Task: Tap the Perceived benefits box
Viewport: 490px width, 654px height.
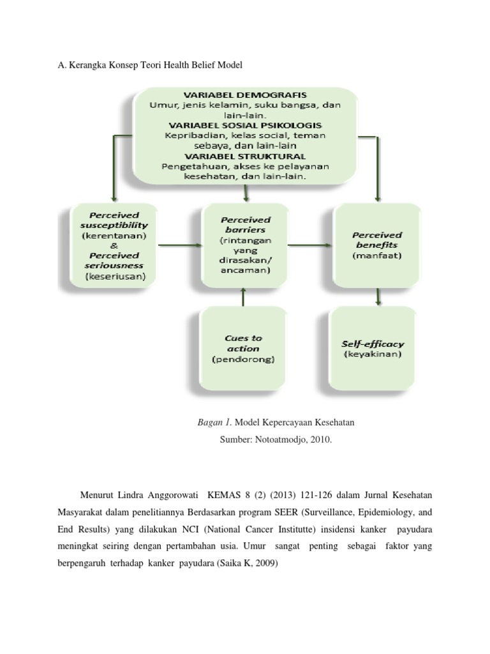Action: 376,245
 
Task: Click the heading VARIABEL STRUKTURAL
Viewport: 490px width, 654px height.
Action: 245,155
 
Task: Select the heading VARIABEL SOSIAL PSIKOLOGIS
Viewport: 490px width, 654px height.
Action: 245,125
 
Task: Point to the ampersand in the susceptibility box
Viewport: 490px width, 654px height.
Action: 114,245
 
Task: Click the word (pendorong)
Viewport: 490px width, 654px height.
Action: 243,360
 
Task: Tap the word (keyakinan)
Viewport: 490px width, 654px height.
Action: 376,353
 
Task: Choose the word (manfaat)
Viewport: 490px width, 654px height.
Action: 376,255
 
